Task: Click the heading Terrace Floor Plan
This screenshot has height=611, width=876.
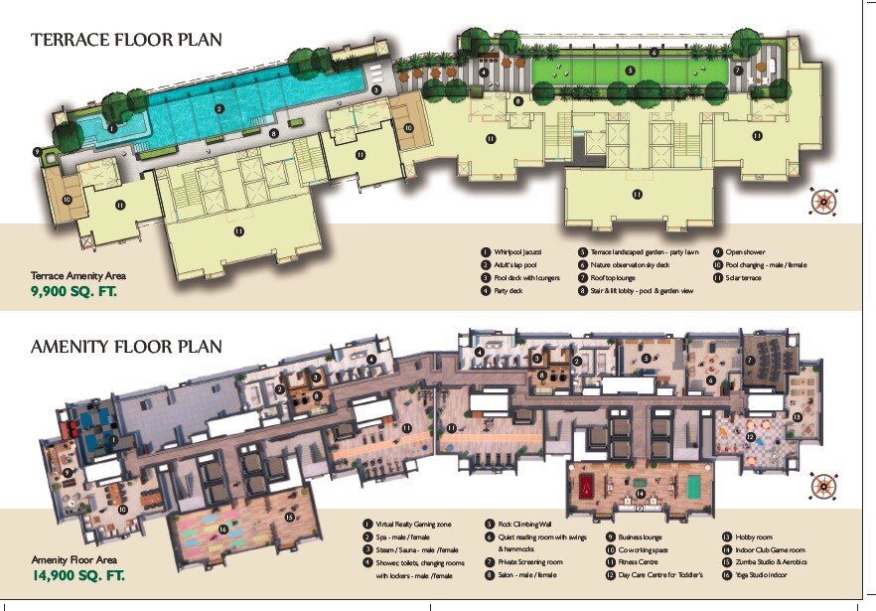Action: click(126, 40)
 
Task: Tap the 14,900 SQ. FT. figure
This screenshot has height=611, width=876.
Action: click(79, 575)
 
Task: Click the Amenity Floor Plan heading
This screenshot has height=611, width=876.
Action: click(126, 347)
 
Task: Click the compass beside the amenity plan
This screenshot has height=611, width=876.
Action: click(823, 485)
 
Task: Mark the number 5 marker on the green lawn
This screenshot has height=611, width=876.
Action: click(630, 71)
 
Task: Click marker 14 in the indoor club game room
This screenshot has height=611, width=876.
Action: click(641, 493)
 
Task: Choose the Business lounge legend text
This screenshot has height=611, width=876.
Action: click(640, 536)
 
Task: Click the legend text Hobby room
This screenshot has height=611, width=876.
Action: click(754, 536)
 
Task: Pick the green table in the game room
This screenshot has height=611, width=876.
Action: click(693, 486)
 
